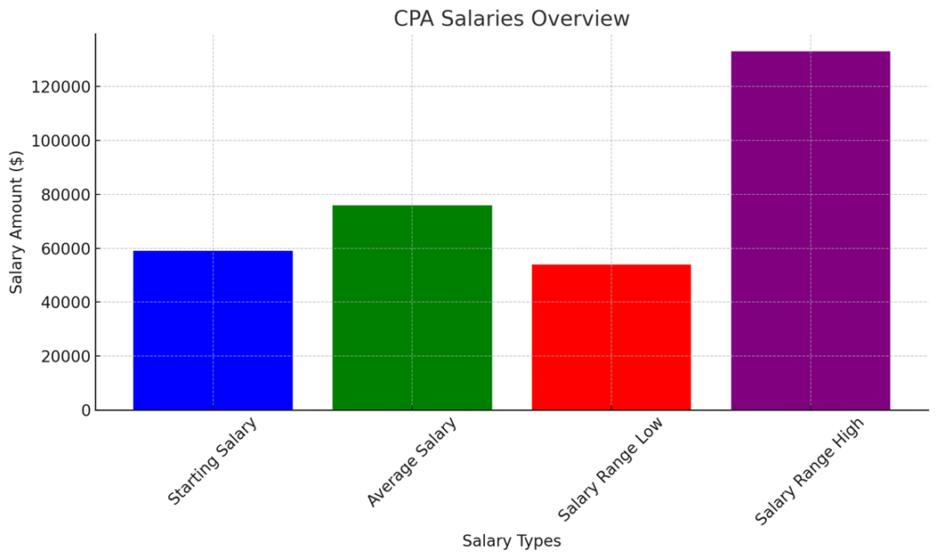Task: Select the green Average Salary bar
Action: pos(412,307)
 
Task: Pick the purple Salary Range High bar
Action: pos(810,231)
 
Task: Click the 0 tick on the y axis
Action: pos(85,411)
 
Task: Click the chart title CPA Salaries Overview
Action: pos(512,18)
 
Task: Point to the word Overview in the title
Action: pos(587,18)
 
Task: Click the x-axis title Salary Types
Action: pos(512,541)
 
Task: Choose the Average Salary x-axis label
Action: pos(412,461)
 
